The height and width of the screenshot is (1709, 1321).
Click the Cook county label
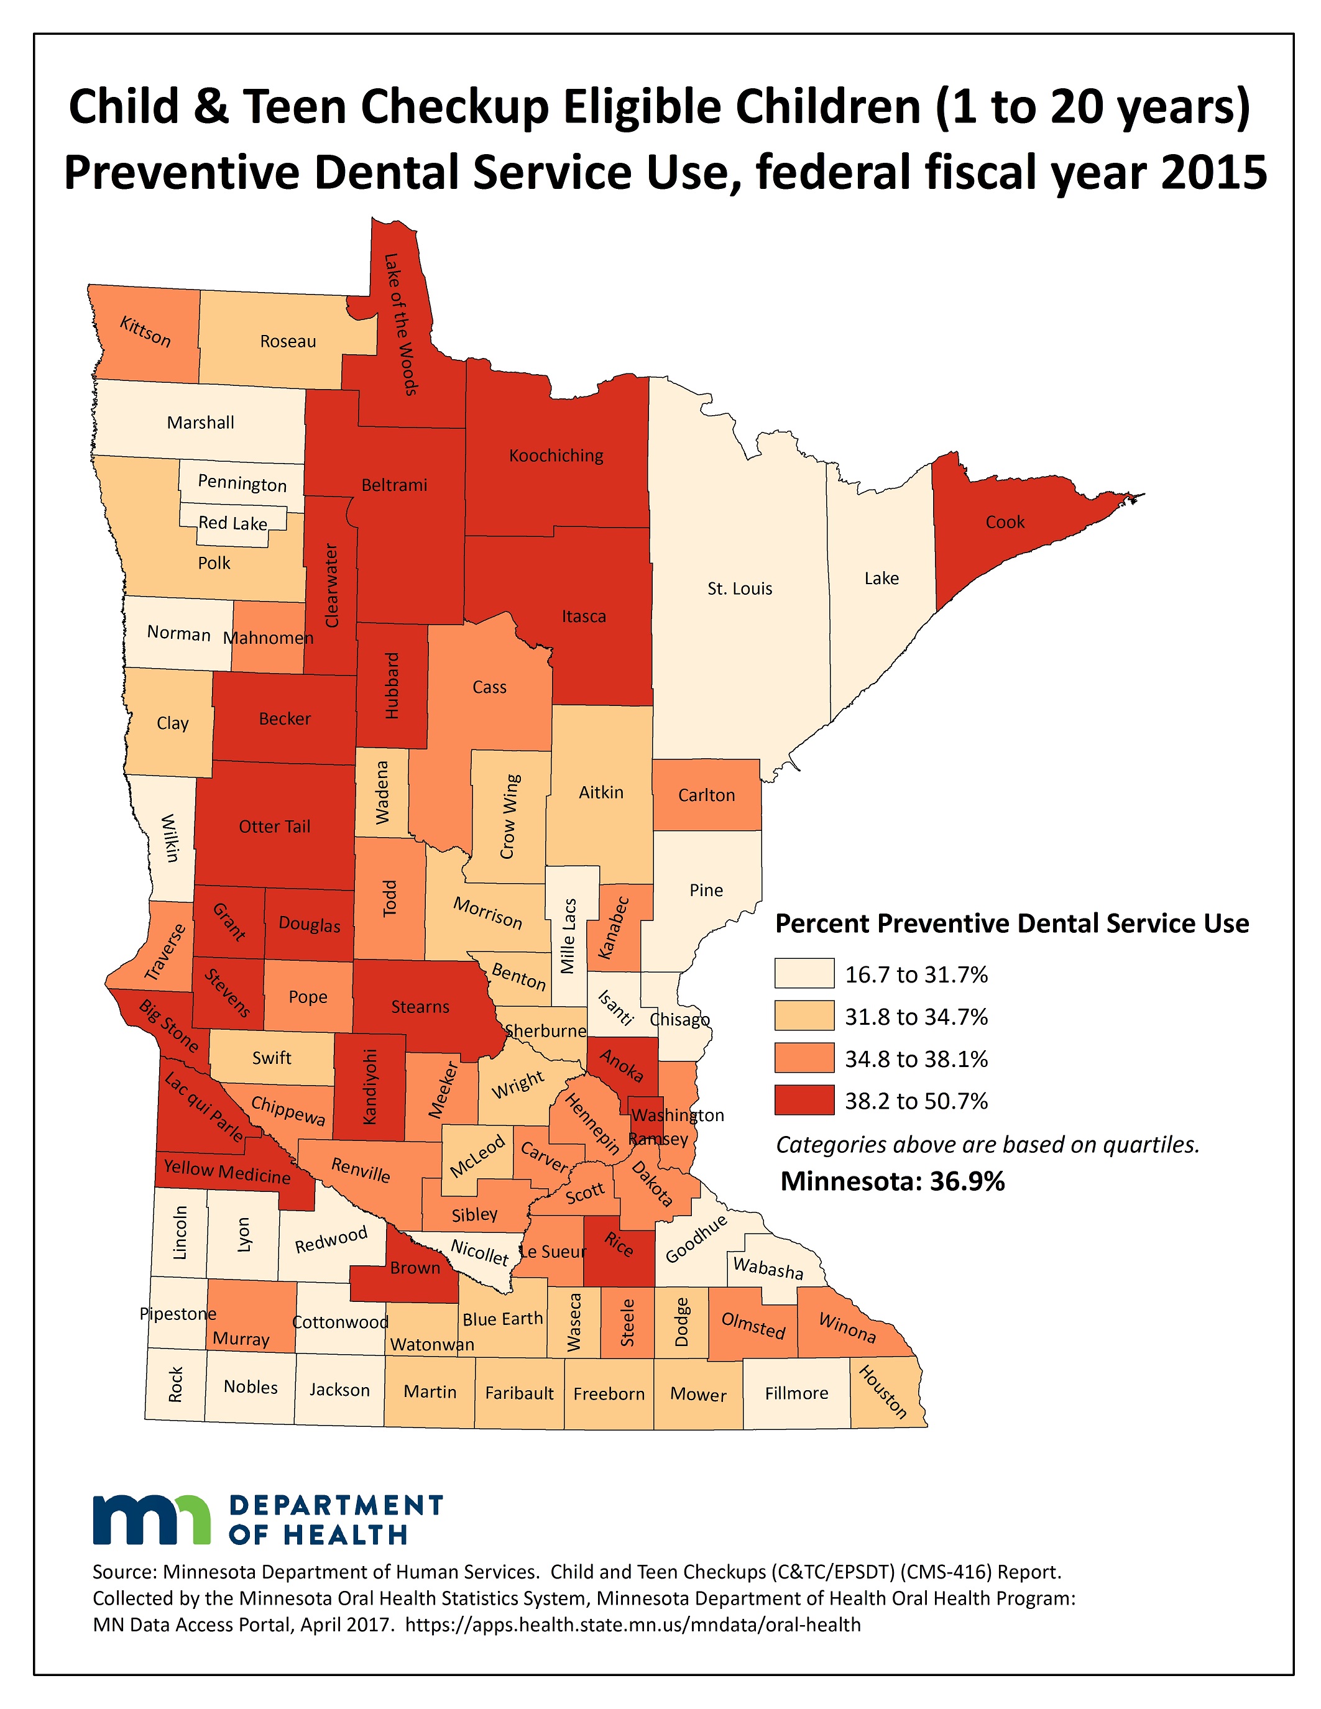pyautogui.click(x=1004, y=522)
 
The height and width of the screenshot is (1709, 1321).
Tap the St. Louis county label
pyautogui.click(x=740, y=589)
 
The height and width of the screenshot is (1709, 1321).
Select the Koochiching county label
pyautogui.click(x=556, y=456)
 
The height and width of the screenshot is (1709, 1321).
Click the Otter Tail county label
pyautogui.click(x=274, y=827)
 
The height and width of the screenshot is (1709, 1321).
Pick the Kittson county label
pyautogui.click(x=145, y=332)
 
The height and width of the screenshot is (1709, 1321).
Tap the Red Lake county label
pyautogui.click(x=232, y=523)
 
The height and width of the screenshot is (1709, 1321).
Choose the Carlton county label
pyautogui.click(x=706, y=795)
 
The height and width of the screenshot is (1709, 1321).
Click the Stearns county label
pyautogui.click(x=420, y=1007)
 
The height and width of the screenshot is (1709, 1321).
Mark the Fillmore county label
pyautogui.click(x=796, y=1393)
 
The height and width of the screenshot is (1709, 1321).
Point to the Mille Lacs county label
pyautogui.click(x=569, y=935)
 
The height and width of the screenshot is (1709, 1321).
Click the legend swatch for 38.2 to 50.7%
pyautogui.click(x=804, y=1101)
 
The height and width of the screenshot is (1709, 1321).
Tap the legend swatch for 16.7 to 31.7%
pyautogui.click(x=804, y=974)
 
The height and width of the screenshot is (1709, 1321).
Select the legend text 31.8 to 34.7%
pyautogui.click(x=916, y=1017)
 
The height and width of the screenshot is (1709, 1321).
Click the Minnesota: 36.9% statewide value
pyautogui.click(x=892, y=1181)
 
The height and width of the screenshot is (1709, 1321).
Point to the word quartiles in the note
pyautogui.click(x=1151, y=1145)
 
